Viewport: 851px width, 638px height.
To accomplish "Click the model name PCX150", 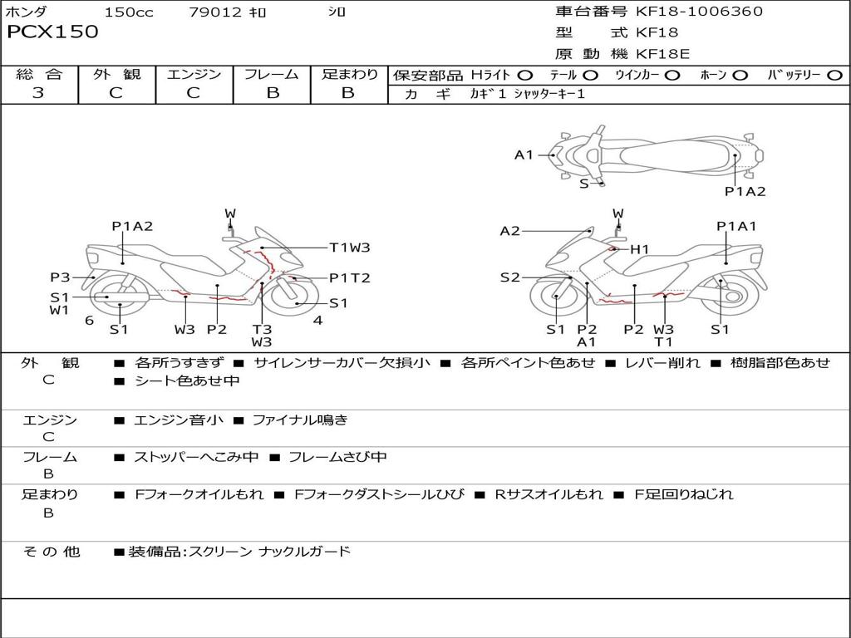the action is (52, 32).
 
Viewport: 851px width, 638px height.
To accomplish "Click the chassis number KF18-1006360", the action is (699, 12).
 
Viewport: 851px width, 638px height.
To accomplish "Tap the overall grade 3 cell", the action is (38, 93).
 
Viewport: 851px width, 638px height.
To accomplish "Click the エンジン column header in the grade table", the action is (194, 75).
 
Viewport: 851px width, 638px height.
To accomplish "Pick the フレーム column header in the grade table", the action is (272, 75).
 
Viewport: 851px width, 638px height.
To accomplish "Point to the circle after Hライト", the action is (525, 76).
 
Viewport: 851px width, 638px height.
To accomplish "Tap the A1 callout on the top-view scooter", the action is (524, 155).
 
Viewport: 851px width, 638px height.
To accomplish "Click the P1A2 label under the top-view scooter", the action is (745, 192).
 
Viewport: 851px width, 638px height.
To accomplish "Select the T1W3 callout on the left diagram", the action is (349, 248).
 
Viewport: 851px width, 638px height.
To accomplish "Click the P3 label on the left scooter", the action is (60, 277).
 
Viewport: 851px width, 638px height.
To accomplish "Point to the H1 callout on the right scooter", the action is (639, 249).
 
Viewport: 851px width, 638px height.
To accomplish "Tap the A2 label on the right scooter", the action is (509, 232).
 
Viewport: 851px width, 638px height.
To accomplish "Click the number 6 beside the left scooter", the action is (89, 321).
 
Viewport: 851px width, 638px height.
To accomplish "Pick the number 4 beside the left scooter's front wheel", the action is (317, 321).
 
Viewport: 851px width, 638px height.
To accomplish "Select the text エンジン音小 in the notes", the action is (179, 420).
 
